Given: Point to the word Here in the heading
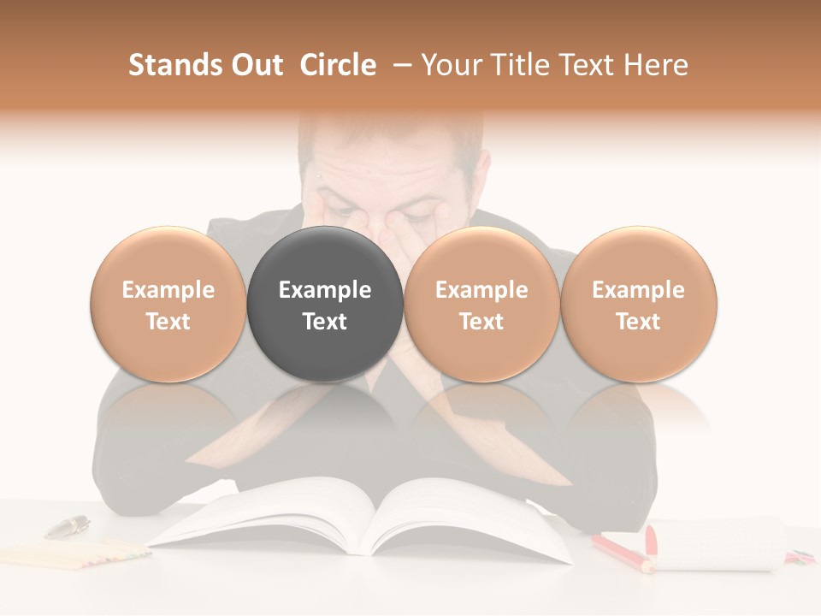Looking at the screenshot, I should (657, 65).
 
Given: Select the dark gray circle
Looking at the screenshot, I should (325, 305).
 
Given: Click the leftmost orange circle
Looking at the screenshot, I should (168, 305).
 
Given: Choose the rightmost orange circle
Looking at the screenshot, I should (638, 305).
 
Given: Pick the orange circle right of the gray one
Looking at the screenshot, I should (481, 305).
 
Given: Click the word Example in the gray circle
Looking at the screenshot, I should (325, 290).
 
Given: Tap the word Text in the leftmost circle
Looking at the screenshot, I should (168, 322).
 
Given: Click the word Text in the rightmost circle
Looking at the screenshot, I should (638, 322).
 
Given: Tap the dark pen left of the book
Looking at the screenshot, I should (68, 526).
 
